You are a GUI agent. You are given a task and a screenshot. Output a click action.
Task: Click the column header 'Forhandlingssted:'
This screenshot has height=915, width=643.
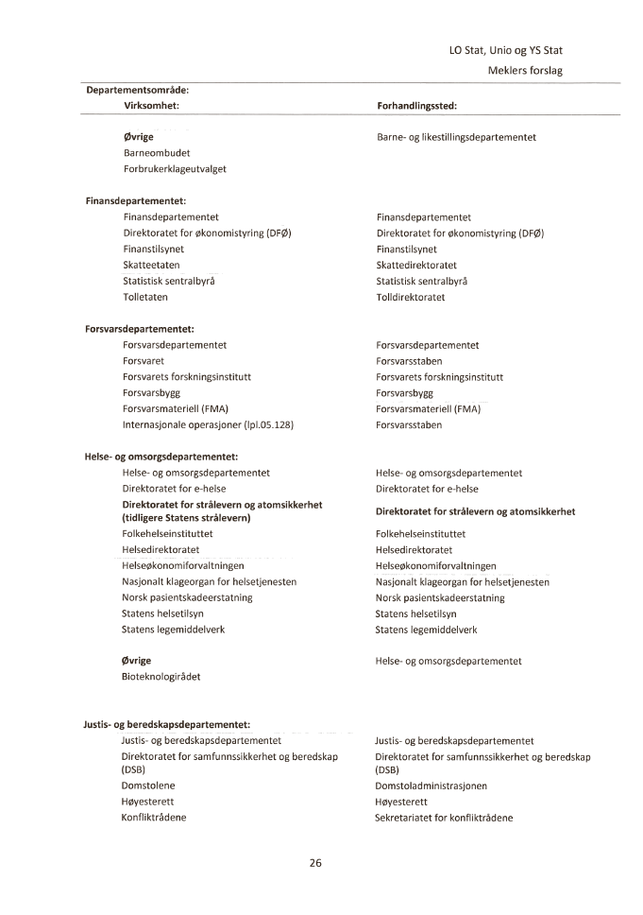pyautogui.click(x=417, y=107)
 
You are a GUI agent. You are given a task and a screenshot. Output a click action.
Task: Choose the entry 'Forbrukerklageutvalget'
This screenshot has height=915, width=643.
pyautogui.click(x=175, y=168)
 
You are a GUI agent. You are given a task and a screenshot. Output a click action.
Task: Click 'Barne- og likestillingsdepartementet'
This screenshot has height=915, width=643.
pyautogui.click(x=456, y=137)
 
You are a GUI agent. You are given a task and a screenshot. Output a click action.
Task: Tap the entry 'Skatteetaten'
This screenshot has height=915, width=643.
pyautogui.click(x=151, y=265)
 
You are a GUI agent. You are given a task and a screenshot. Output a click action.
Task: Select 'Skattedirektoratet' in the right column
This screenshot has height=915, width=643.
pyautogui.click(x=416, y=265)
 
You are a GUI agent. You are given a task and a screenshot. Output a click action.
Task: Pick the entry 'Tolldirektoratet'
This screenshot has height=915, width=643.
pyautogui.click(x=411, y=297)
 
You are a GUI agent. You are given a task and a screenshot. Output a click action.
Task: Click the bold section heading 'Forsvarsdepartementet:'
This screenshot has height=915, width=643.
pyautogui.click(x=140, y=329)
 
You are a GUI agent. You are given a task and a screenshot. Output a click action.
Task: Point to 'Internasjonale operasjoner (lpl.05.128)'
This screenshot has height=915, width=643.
pyautogui.click(x=208, y=425)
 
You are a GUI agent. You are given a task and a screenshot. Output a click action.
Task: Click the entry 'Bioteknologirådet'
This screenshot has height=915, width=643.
pyautogui.click(x=161, y=677)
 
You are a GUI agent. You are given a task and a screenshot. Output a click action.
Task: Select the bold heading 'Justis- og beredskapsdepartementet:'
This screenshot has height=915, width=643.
pyautogui.click(x=166, y=725)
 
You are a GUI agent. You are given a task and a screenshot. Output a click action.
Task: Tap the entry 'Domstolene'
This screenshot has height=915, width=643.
pyautogui.click(x=148, y=786)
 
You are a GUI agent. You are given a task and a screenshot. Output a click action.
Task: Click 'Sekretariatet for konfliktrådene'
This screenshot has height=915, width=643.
pyautogui.click(x=444, y=818)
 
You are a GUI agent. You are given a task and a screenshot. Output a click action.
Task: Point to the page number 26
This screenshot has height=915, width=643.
pyautogui.click(x=316, y=862)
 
